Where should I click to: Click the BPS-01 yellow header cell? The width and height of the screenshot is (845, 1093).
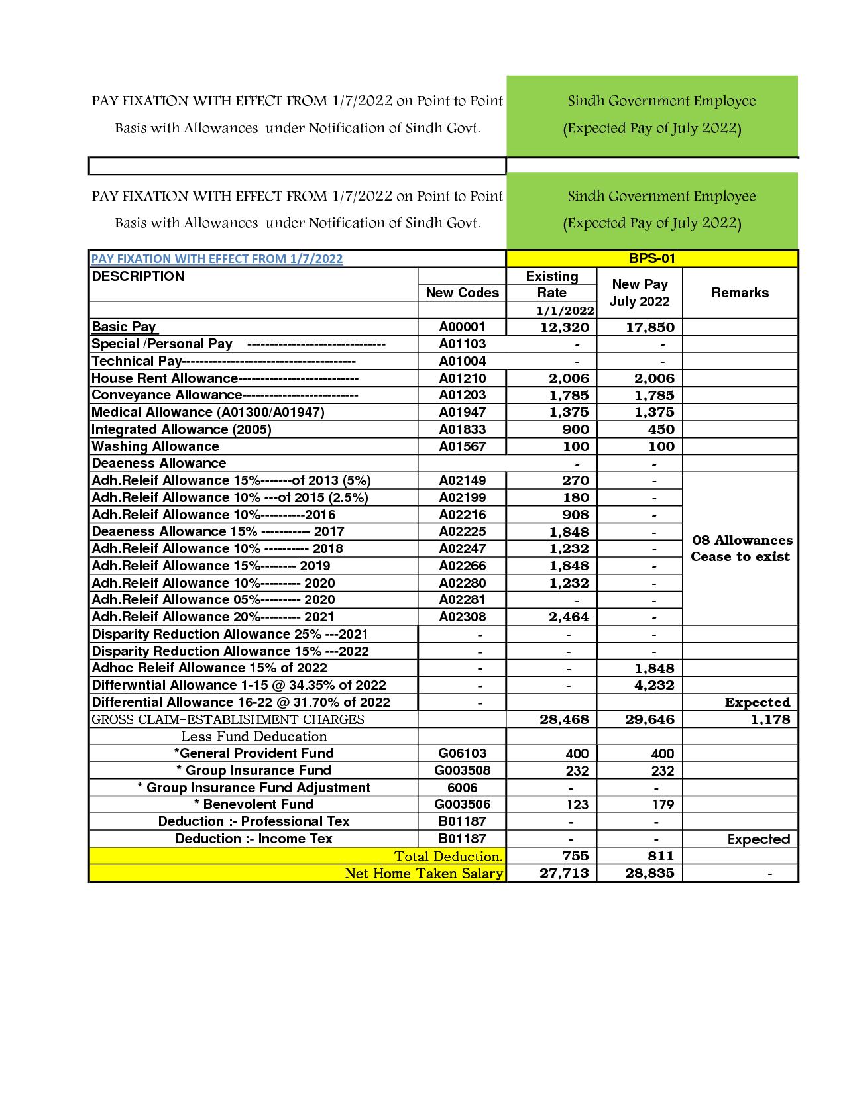pos(651,258)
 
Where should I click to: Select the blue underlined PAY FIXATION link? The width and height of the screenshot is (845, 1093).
pos(217,259)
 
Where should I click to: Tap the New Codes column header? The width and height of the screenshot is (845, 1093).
pos(462,293)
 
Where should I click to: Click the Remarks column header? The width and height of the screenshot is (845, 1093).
pos(740,293)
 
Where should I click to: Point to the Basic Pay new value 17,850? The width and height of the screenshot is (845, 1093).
pos(649,327)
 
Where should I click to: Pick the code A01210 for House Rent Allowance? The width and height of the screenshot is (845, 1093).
pos(462,378)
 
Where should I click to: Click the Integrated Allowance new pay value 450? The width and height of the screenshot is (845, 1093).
pos(661,429)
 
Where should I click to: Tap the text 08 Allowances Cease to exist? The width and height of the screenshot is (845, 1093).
pos(741,548)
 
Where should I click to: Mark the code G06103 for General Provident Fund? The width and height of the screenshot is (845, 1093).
pos(462,753)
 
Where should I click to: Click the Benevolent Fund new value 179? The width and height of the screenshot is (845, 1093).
pos(662,804)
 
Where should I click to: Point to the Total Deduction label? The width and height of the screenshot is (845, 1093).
pos(449,856)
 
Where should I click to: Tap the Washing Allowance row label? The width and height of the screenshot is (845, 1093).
pos(155,446)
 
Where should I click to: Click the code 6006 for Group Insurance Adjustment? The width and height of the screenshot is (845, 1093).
pos(462,788)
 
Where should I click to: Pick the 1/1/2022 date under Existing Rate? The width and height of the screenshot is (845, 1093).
pos(565,310)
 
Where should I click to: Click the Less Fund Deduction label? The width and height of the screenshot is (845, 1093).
pos(254,736)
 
